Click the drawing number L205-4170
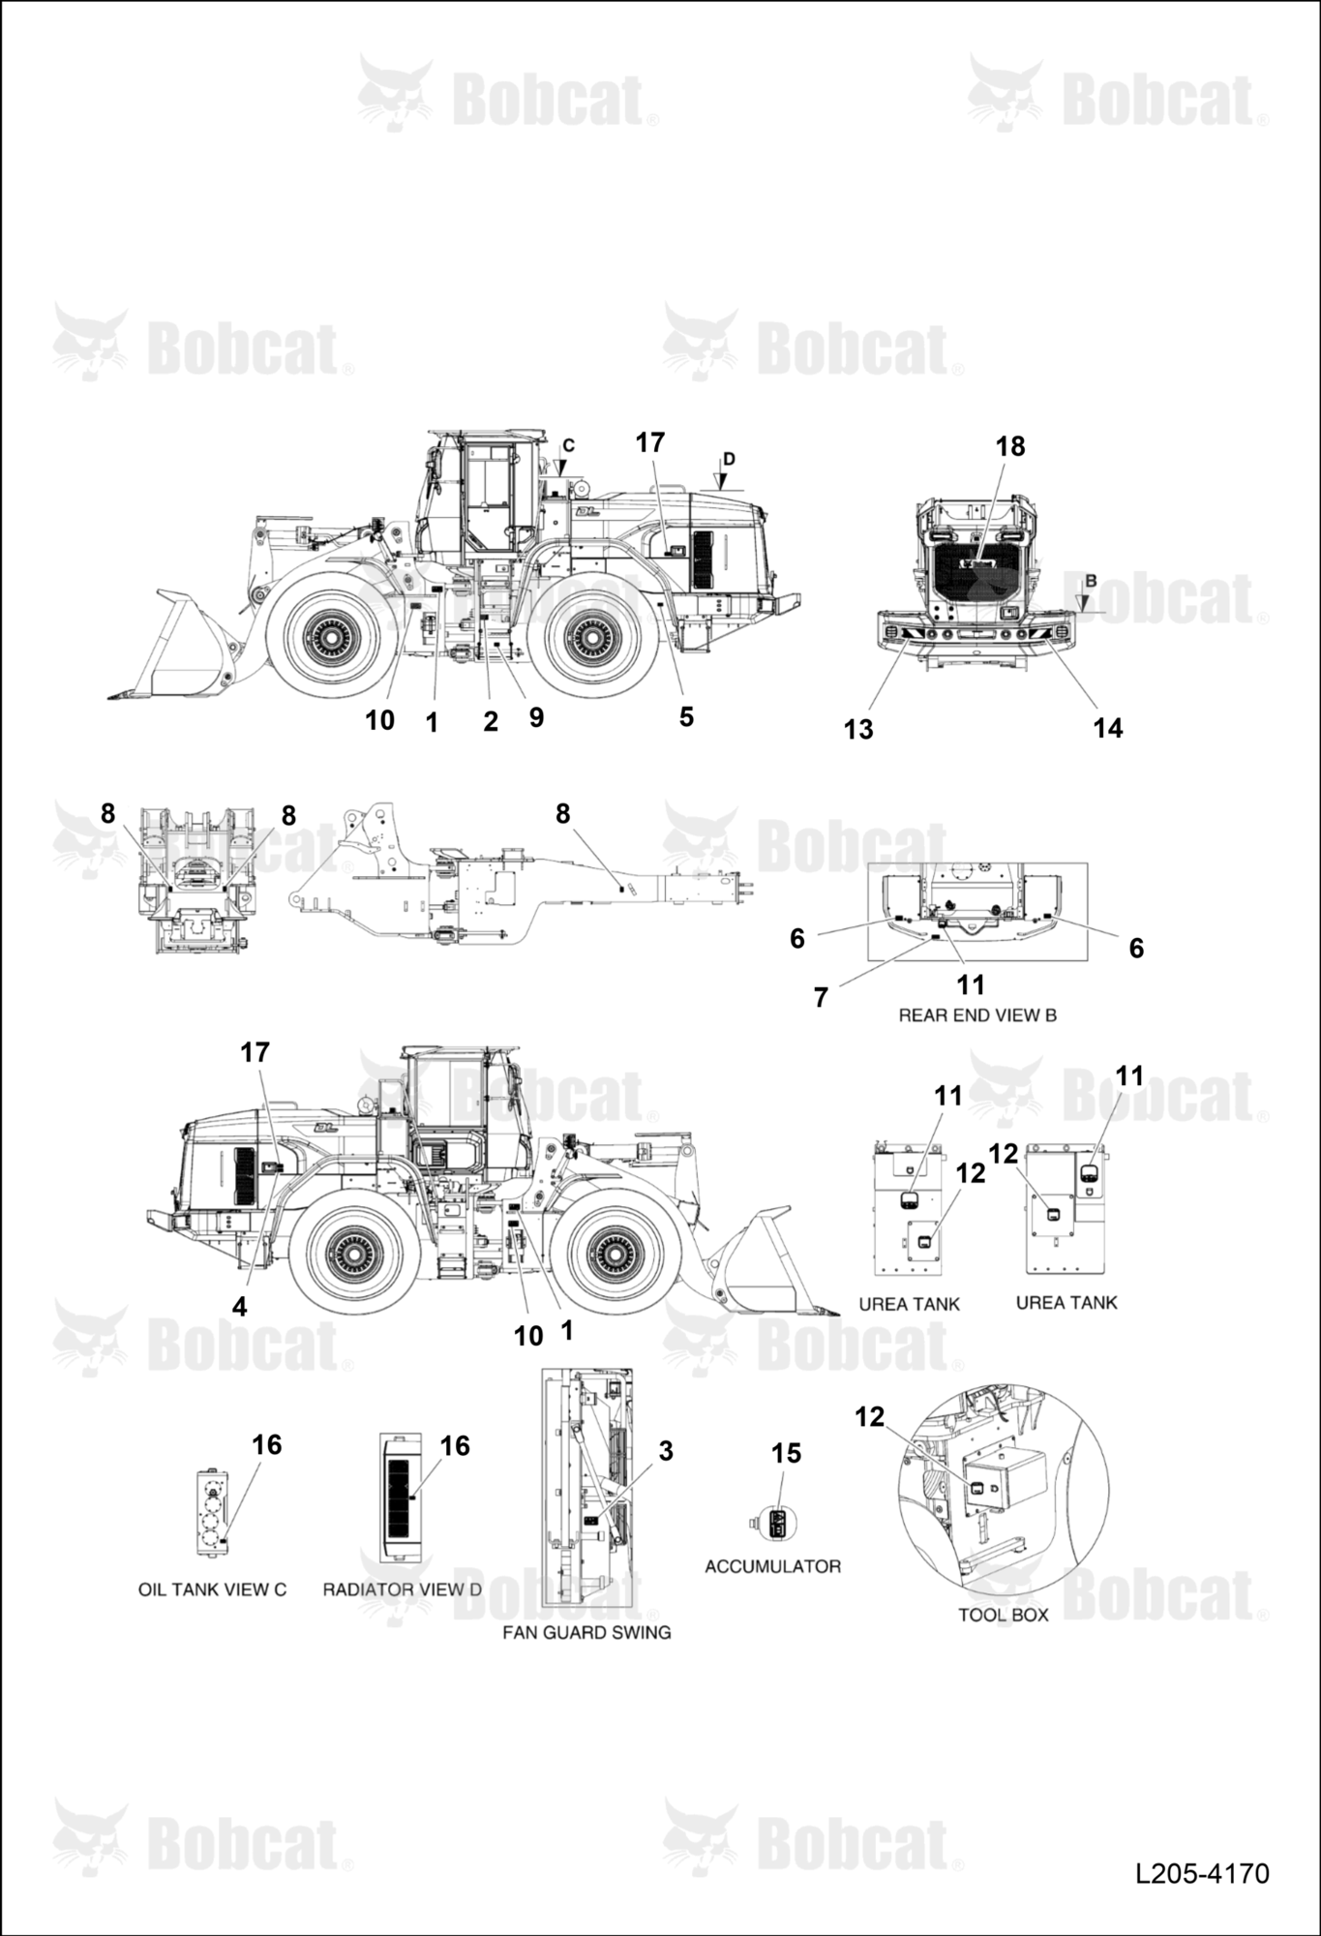1202,1873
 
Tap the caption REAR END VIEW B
977,1015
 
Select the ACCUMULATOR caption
772,1566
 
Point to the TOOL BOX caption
1004,1615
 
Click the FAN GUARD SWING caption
586,1632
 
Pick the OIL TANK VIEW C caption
212,1589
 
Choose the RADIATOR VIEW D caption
402,1589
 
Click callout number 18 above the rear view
1010,446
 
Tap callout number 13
858,729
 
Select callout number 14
1108,728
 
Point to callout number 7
821,997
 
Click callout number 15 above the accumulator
787,1453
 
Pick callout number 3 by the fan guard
666,1451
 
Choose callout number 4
239,1306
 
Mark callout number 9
536,716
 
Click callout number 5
686,716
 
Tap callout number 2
491,721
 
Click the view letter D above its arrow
729,458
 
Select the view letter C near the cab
569,445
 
